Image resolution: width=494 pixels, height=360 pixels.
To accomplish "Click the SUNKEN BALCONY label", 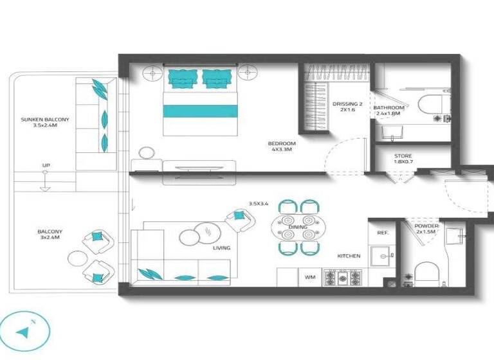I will (44, 122).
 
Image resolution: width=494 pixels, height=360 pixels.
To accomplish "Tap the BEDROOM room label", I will (281, 146).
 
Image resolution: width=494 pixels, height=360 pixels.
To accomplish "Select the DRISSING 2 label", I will (348, 106).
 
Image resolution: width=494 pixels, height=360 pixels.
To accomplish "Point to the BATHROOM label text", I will (389, 110).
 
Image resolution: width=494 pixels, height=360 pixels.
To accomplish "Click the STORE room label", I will (403, 159).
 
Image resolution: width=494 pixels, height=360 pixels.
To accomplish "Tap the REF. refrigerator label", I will (381, 233).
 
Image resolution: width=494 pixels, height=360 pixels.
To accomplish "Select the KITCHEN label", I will (349, 256).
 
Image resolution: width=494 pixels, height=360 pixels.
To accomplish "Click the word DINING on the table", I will (298, 228).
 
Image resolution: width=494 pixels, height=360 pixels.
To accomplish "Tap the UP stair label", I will (46, 166).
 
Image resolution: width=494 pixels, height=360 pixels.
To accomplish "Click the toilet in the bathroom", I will (430, 105).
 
